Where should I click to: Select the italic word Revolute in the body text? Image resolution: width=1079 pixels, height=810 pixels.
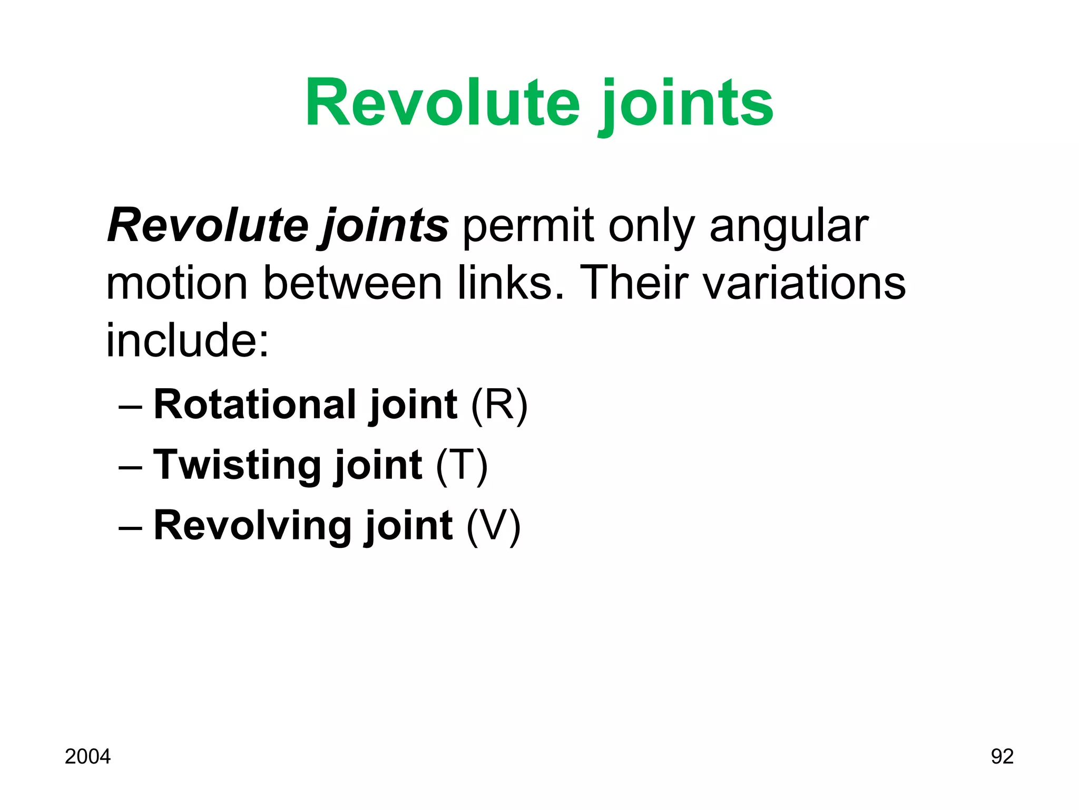click(x=208, y=226)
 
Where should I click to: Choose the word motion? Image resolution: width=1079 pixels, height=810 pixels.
click(x=176, y=283)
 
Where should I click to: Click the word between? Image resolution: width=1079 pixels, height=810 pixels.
click(x=352, y=283)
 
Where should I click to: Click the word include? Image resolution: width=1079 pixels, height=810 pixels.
click(x=187, y=340)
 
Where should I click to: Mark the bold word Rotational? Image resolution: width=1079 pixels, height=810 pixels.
click(x=255, y=404)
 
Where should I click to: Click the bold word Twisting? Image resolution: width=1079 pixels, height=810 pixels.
click(x=237, y=465)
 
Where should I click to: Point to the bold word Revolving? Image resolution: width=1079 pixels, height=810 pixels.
click(x=252, y=526)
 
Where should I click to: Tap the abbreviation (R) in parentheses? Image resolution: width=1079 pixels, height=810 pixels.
click(x=499, y=405)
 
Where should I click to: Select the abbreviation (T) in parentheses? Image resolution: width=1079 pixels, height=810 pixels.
click(x=462, y=466)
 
